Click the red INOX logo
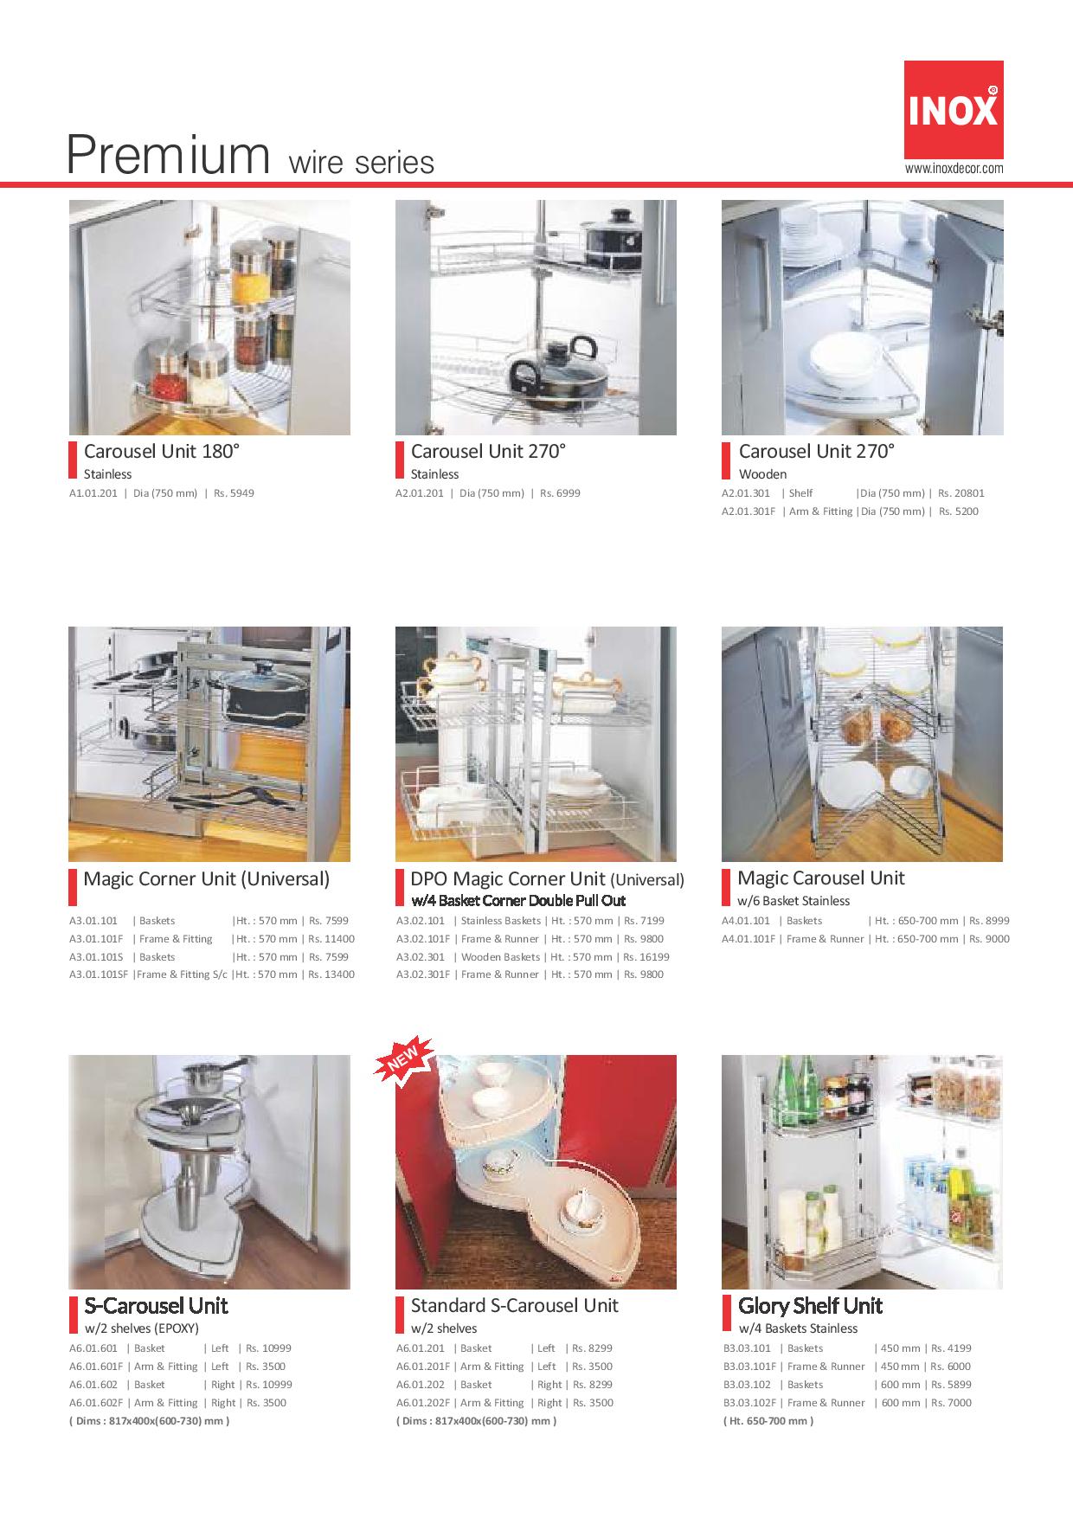tap(954, 110)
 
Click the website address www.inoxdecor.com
tap(954, 169)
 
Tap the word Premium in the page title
tap(169, 156)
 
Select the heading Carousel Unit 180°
tap(162, 451)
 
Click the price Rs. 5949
tap(234, 493)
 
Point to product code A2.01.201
tap(420, 493)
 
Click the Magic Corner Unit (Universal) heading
tap(207, 879)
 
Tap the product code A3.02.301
tap(421, 957)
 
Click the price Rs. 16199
tap(646, 957)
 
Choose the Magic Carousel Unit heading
tap(821, 878)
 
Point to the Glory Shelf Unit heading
tap(810, 1306)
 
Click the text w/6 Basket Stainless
tap(794, 901)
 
